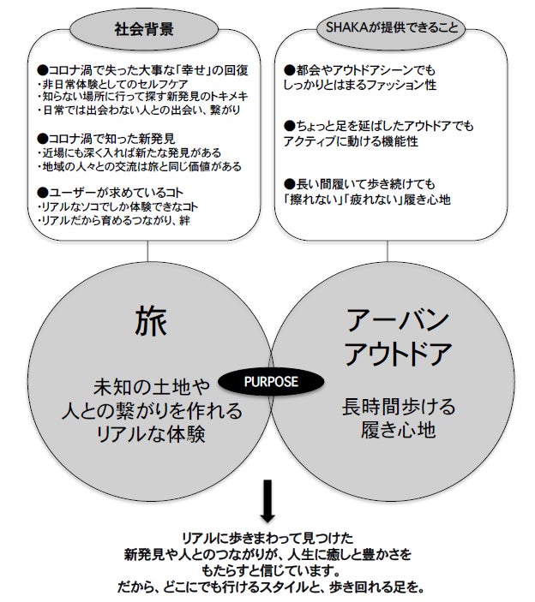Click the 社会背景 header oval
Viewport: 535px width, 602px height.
point(144,29)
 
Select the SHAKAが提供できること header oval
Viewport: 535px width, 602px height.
point(388,27)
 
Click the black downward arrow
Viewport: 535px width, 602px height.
point(267,502)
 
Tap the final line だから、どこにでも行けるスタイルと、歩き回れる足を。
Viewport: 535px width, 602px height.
point(267,588)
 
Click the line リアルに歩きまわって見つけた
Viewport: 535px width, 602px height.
point(267,538)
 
